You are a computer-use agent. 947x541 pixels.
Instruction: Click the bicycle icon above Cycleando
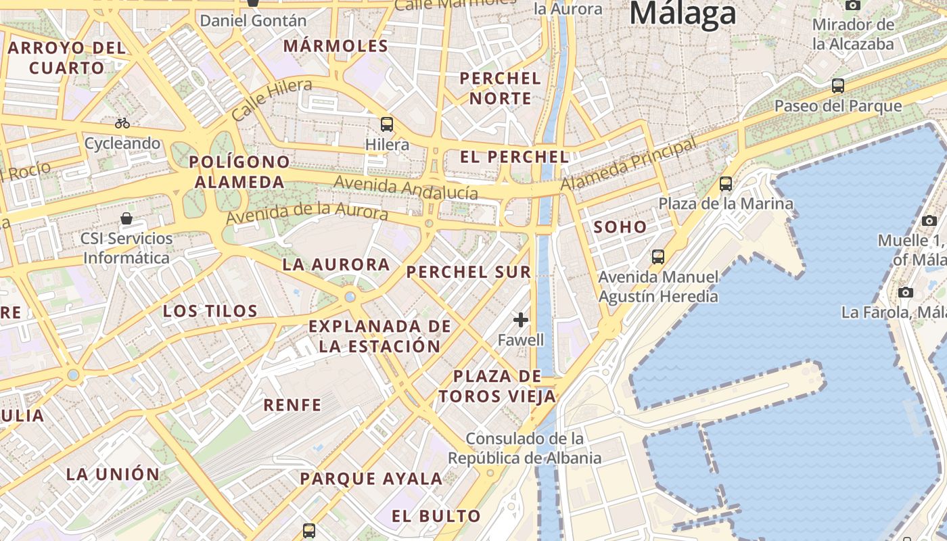[x=122, y=123]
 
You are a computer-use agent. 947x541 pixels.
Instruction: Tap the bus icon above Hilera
[x=387, y=124]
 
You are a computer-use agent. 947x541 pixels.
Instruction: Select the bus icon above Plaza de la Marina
[x=726, y=183]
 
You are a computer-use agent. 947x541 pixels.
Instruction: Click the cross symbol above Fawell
[x=521, y=320]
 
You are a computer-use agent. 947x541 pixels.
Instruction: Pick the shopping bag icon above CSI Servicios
[x=126, y=218]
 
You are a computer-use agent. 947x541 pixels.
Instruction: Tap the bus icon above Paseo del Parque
[x=838, y=86]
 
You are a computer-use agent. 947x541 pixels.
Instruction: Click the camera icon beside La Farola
[x=906, y=292]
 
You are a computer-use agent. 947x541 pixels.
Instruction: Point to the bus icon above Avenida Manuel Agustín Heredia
[x=658, y=257]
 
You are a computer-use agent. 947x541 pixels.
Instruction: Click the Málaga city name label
[x=683, y=14]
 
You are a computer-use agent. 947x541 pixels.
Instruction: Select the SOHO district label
[x=620, y=227]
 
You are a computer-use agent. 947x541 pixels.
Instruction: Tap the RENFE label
[x=292, y=405]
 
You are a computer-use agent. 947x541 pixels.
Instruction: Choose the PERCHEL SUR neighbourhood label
[x=469, y=273]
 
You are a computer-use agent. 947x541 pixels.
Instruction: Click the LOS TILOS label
[x=210, y=311]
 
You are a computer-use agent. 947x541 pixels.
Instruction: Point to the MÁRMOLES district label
[x=336, y=47]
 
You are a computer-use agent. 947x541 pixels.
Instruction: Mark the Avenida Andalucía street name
[x=406, y=188]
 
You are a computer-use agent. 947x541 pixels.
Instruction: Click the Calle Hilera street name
[x=272, y=99]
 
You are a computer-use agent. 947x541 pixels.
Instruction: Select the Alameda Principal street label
[x=628, y=164]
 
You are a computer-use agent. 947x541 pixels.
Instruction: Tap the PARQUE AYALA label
[x=371, y=479]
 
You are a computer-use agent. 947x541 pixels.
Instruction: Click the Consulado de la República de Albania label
[x=524, y=448]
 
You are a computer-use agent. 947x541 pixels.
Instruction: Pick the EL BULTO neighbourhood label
[x=436, y=516]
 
